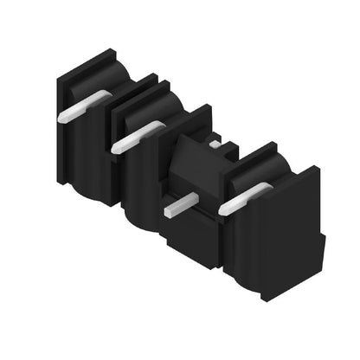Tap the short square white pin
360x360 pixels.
coord(182,205)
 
